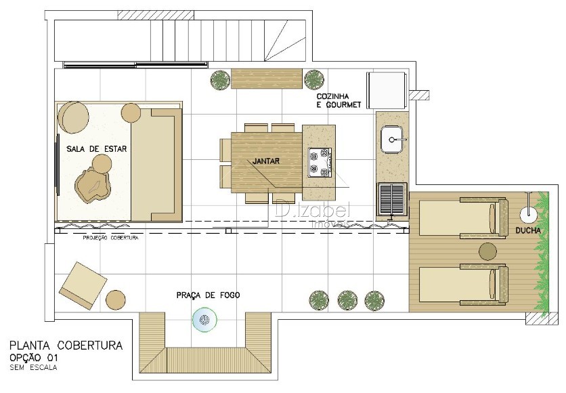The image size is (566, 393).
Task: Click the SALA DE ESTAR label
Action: pyautogui.click(x=96, y=148)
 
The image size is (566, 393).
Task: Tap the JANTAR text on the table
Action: pyautogui.click(x=265, y=161)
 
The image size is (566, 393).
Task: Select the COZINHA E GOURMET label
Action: pyautogui.click(x=339, y=101)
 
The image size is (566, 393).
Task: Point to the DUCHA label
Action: pyautogui.click(x=527, y=230)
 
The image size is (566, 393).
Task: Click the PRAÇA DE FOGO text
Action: pyautogui.click(x=208, y=295)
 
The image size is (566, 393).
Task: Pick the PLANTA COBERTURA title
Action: pyautogui.click(x=66, y=346)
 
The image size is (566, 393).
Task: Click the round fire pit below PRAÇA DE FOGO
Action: pyautogui.click(x=204, y=319)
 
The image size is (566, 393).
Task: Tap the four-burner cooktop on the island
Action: pyautogui.click(x=320, y=162)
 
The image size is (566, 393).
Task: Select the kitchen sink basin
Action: pyautogui.click(x=393, y=140)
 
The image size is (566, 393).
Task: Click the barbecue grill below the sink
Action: pyautogui.click(x=392, y=199)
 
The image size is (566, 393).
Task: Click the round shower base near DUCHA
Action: pyautogui.click(x=529, y=215)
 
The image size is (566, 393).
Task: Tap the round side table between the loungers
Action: pyautogui.click(x=487, y=251)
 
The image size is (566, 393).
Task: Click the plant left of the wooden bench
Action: pyautogui.click(x=220, y=79)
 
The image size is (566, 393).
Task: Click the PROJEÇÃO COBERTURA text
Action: pyautogui.click(x=110, y=238)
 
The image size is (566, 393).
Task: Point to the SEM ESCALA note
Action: pyautogui.click(x=33, y=368)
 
